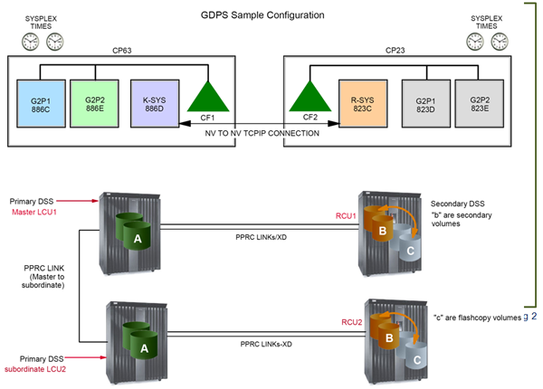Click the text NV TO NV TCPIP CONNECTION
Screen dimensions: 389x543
[x=260, y=133]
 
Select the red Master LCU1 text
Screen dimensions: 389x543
[x=35, y=213]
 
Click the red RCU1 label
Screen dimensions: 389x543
[x=342, y=217]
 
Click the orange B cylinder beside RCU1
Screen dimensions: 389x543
[x=384, y=232]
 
